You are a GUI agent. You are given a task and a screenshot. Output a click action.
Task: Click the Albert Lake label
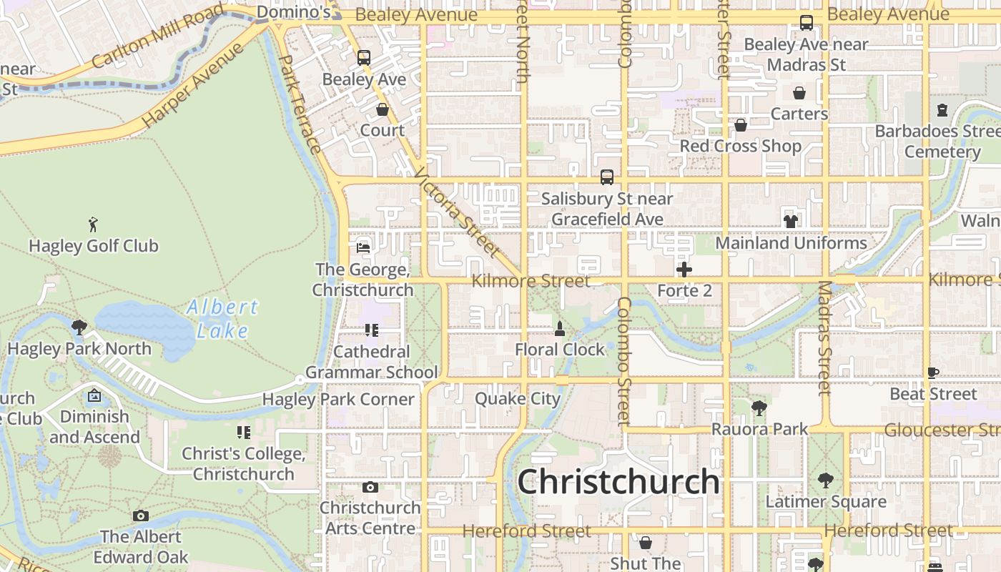[222, 319]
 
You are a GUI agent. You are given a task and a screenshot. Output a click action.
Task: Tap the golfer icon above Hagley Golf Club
[93, 225]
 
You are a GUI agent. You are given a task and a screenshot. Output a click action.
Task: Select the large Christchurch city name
[618, 481]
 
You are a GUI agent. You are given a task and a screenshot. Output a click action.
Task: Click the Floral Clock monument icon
[560, 329]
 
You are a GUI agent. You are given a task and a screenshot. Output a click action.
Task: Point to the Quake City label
[518, 399]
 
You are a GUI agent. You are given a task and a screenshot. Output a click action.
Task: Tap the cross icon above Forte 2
[684, 270]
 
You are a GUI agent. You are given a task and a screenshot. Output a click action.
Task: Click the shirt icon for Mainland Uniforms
[791, 222]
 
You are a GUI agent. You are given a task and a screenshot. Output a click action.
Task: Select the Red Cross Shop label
[740, 146]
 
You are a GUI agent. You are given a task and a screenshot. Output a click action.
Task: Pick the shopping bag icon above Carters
[799, 94]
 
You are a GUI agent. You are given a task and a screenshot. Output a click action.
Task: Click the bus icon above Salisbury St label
[607, 177]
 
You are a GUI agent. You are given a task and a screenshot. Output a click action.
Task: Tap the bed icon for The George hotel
[363, 248]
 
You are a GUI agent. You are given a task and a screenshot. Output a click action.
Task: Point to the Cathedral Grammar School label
[372, 362]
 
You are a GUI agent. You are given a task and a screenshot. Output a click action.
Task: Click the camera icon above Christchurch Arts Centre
[370, 488]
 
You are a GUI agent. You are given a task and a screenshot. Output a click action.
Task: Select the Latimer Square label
[826, 502]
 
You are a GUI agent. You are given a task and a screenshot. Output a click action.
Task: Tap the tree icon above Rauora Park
[759, 408]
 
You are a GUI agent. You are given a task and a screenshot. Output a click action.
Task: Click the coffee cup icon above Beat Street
[933, 373]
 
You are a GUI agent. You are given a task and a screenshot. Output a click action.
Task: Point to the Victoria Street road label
[455, 212]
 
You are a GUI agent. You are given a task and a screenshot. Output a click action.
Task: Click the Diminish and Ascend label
[94, 427]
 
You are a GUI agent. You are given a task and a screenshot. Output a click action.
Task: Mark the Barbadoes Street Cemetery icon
[942, 111]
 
